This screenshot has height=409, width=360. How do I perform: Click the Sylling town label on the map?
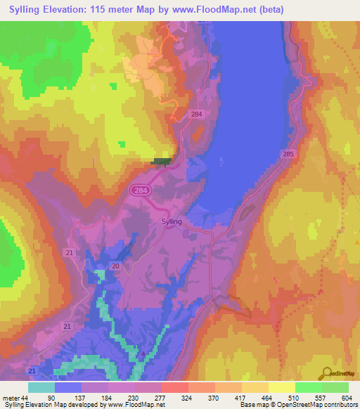(172, 221)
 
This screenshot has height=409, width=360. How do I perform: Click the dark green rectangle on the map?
(161, 161)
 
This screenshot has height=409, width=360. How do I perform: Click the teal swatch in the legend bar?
(41, 387)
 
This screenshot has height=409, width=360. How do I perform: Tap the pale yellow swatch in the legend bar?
(281, 387)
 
